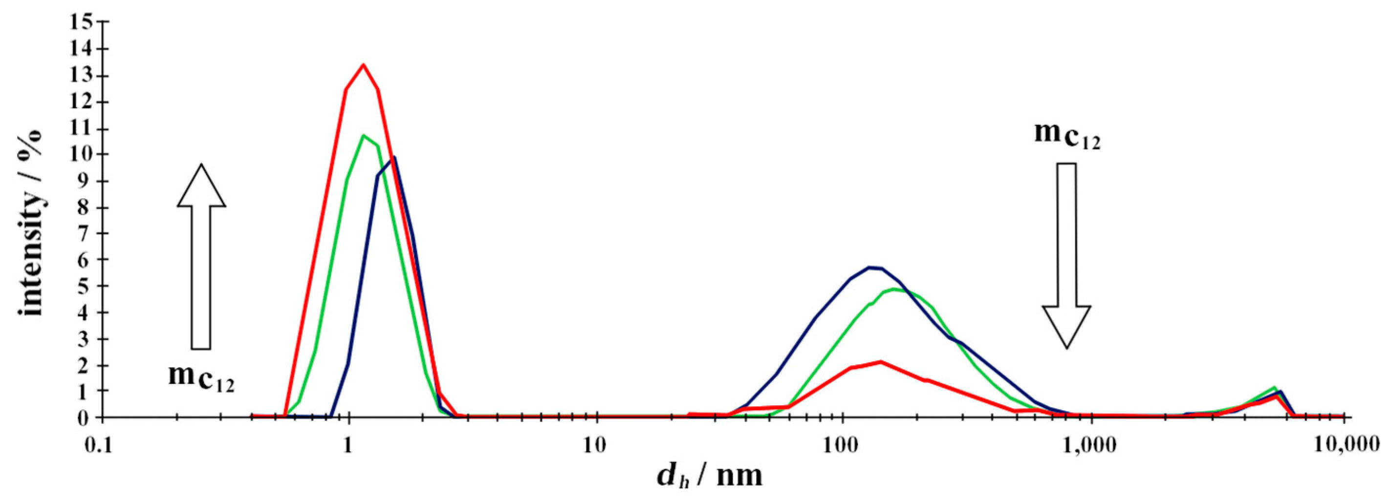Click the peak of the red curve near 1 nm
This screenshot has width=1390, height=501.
(363, 65)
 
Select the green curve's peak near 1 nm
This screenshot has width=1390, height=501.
(363, 135)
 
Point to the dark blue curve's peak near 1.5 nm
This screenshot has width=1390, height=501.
(394, 157)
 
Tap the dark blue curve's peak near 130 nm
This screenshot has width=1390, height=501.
(869, 267)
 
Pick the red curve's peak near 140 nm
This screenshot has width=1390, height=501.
(881, 361)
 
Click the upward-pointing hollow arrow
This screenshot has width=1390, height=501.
(201, 256)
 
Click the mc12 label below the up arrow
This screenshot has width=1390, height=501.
(201, 377)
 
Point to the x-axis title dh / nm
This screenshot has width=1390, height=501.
(710, 476)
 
